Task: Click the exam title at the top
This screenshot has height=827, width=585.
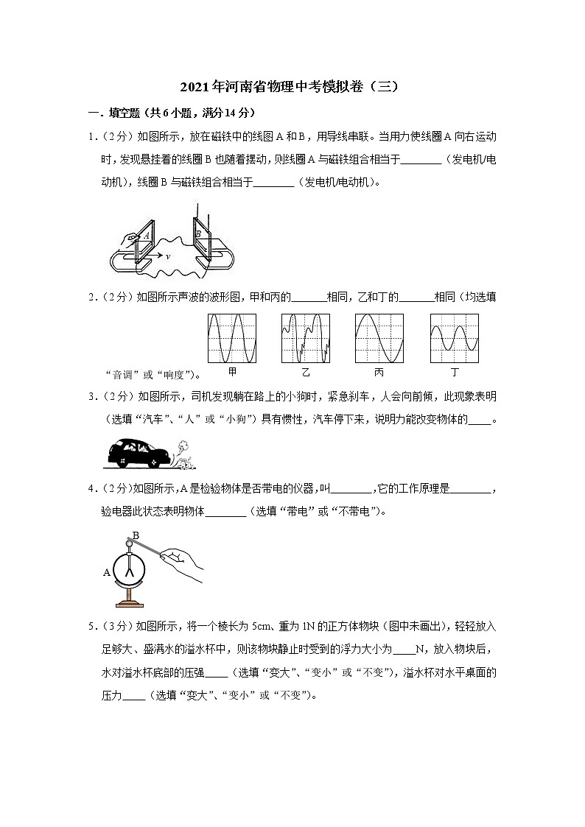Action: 292,86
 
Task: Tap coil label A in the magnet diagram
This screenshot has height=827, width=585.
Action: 147,234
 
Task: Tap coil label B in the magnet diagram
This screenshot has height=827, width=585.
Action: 198,234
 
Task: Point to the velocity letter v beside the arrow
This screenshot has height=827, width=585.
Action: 168,256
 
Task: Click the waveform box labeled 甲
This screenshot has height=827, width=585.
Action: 232,337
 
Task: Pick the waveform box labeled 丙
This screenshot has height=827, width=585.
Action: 379,337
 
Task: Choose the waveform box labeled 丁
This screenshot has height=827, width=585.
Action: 454,337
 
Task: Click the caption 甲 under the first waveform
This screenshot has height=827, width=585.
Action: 232,373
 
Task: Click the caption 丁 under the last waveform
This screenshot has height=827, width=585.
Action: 454,373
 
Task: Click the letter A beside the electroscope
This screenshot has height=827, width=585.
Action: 107,571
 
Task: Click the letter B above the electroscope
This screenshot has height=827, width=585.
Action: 135,535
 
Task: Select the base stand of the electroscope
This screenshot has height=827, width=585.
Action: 132,604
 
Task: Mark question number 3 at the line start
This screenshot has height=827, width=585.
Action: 91,397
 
